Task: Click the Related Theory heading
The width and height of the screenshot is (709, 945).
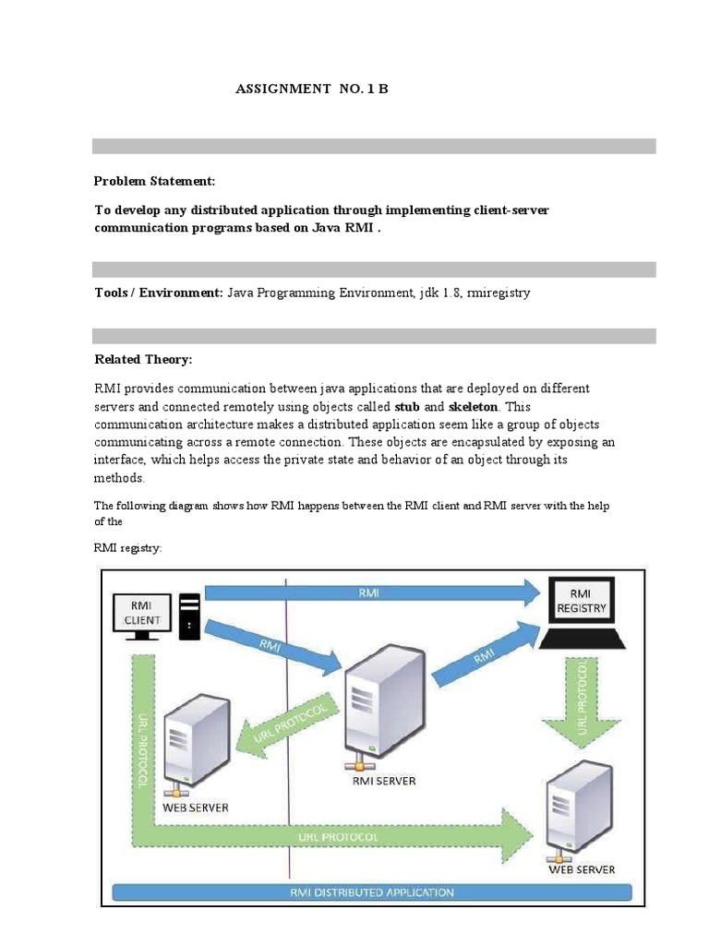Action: (x=143, y=359)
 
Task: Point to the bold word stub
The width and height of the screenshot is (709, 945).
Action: (x=407, y=406)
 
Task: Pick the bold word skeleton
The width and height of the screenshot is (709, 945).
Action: (x=474, y=406)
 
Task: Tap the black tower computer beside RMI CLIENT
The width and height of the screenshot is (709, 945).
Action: (x=189, y=616)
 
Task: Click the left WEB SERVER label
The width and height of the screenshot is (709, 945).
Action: (x=196, y=807)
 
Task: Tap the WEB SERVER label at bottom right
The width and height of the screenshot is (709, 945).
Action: (x=582, y=868)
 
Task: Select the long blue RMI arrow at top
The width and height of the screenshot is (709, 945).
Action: (x=369, y=592)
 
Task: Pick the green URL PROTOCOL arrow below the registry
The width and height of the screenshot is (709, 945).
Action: (x=581, y=701)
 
